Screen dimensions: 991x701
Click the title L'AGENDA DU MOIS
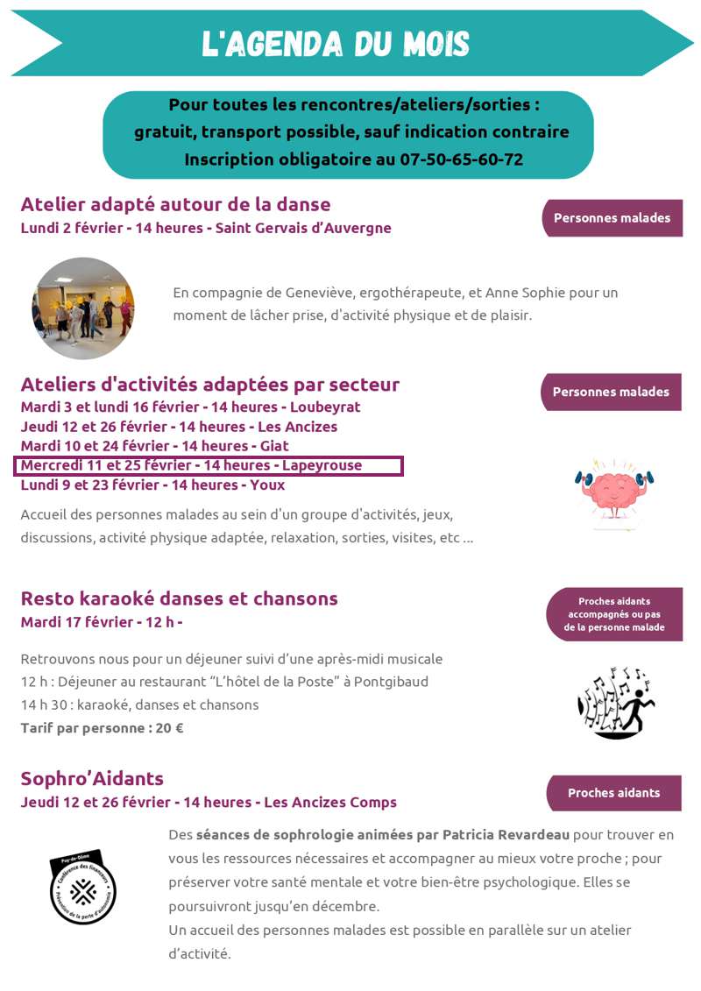click(x=336, y=44)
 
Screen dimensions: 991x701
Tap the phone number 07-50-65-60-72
click(x=462, y=159)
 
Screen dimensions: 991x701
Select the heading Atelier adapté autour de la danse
click(x=175, y=204)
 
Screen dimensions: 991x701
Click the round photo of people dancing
click(x=83, y=308)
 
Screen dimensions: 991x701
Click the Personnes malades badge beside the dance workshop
click(x=612, y=218)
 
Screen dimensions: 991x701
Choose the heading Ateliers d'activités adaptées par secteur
click(x=209, y=385)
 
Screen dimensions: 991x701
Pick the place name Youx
click(x=267, y=485)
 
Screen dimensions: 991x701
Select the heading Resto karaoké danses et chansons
click(x=179, y=598)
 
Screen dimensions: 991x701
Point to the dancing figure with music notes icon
click(x=616, y=702)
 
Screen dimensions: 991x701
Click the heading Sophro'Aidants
click(x=92, y=779)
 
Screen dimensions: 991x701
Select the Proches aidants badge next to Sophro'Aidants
click(x=613, y=793)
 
